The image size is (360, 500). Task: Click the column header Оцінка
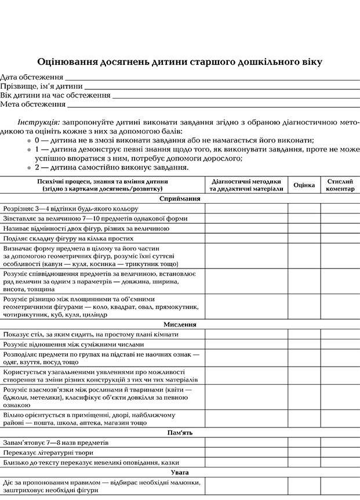[304, 185]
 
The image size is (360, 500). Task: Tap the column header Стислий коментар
[340, 185]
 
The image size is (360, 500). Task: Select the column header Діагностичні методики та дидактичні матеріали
[246, 185]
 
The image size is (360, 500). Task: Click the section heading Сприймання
[180, 198]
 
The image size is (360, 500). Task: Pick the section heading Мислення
[180, 325]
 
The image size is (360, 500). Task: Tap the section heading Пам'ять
[180, 433]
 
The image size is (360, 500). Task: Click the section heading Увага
[180, 472]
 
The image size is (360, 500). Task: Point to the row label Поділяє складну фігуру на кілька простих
[68, 238]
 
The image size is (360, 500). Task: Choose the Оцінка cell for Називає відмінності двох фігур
[304, 228]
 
